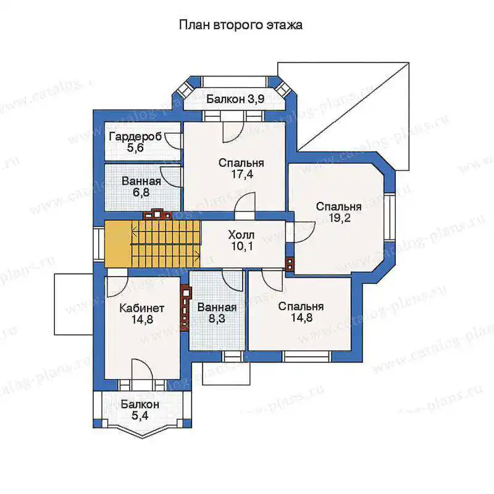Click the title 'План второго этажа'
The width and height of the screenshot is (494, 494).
point(241,25)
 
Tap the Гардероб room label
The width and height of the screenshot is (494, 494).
point(135,136)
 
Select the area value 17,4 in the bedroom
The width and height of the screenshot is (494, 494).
point(242,174)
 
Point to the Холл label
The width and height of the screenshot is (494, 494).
point(241,235)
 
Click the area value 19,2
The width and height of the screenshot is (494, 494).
point(339,218)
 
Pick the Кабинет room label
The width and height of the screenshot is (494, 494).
point(142,308)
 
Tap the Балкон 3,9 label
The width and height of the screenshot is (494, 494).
point(235,99)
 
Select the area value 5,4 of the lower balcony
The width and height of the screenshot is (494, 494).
point(140,416)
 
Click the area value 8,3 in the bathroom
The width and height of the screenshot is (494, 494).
point(217,319)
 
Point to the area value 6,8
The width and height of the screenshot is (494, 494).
point(141,192)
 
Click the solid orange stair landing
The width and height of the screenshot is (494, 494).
point(118,244)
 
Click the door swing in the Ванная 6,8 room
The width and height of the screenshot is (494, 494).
point(171,177)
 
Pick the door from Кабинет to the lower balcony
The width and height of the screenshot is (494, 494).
point(142,369)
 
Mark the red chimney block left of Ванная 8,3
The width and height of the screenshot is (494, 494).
point(186,308)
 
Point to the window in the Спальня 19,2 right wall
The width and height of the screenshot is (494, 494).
point(390,217)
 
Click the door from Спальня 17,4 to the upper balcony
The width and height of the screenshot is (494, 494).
point(233,132)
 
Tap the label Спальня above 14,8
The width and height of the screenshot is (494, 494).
point(301,306)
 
